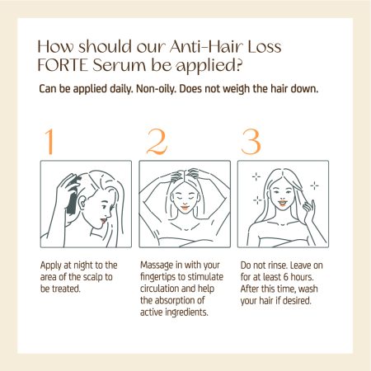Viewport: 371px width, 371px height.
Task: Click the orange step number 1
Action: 49,142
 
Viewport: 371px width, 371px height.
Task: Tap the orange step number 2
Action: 157,142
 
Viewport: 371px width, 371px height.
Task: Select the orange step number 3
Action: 251,142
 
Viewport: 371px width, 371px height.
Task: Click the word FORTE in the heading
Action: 63,66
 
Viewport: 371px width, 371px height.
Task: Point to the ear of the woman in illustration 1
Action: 82,204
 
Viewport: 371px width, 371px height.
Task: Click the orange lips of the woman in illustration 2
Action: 185,207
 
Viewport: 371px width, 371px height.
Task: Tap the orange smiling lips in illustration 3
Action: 282,204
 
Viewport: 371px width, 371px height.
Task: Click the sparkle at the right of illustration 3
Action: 314,186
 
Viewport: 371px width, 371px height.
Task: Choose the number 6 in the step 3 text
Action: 286,277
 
